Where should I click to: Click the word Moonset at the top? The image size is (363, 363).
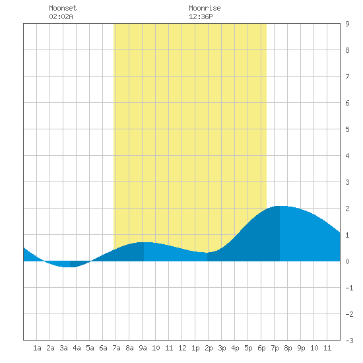coord(63,8)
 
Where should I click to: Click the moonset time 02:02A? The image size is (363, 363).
coord(61,16)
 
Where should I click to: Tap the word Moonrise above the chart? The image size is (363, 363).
coord(205,8)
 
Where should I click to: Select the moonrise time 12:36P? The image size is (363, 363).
coord(201,16)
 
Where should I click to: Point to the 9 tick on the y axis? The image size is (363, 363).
coord(347,24)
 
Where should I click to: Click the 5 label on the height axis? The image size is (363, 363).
coord(347,129)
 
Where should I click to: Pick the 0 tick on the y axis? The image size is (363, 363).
coord(347,261)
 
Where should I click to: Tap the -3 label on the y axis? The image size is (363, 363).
coord(349,341)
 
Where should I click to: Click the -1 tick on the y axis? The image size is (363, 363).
coord(349,288)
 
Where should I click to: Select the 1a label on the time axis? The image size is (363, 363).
coord(37,348)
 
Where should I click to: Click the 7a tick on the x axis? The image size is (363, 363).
coord(116,348)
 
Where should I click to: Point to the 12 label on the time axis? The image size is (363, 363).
coord(182,348)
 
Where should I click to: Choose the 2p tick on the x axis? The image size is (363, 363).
coord(209,348)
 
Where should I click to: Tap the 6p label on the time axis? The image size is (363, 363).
coord(261,348)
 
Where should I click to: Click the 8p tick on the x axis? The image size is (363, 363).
coord(288,348)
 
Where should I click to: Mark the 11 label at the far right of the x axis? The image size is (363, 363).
coord(327,348)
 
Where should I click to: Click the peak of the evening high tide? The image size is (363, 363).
coord(280,206)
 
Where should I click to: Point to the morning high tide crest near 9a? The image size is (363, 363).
coord(144,242)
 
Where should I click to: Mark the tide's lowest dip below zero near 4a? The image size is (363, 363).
coord(70,267)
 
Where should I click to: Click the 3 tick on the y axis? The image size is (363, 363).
coord(347,182)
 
